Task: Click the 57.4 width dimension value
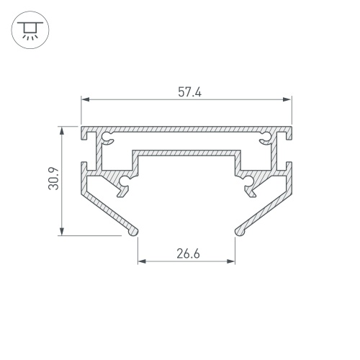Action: click(189, 92)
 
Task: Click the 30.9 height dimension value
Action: click(53, 179)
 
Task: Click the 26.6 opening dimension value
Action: click(188, 253)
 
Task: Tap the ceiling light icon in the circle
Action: click(30, 30)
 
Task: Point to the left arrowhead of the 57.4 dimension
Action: click(85, 99)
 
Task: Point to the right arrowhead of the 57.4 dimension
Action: click(287, 99)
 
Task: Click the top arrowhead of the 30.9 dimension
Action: click(62, 131)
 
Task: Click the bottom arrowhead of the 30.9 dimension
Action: click(62, 231)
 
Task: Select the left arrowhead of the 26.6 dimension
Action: click(142, 261)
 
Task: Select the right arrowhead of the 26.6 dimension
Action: click(230, 261)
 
